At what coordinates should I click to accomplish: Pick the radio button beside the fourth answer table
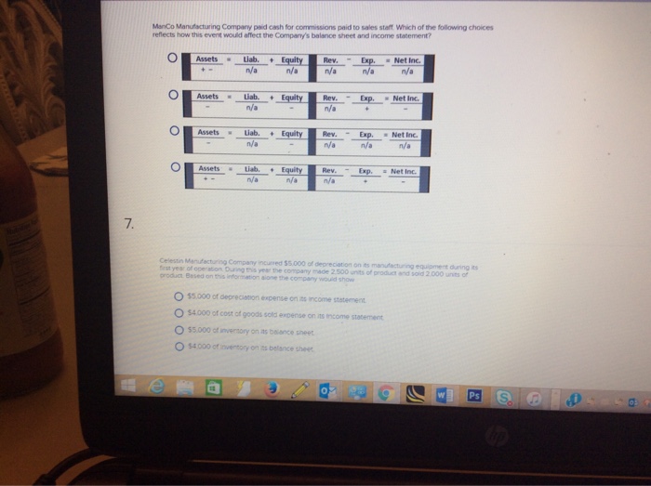click(173, 168)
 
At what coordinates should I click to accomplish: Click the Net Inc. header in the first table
click(408, 59)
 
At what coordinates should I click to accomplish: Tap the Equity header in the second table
click(291, 97)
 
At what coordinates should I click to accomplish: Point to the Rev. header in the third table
click(330, 133)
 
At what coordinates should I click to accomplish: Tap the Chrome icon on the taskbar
click(385, 395)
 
